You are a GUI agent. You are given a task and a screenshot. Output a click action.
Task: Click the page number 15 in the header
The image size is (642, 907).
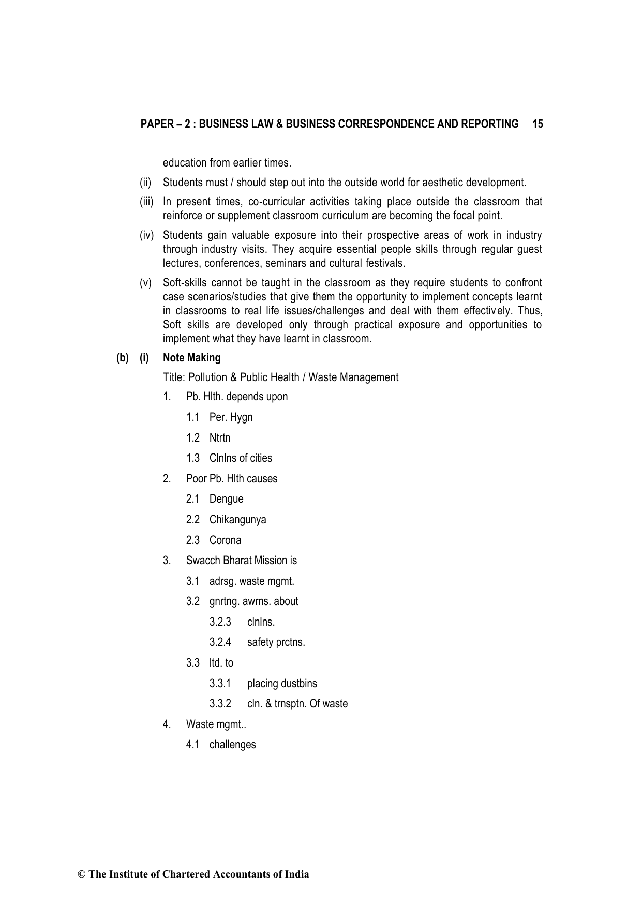(537, 124)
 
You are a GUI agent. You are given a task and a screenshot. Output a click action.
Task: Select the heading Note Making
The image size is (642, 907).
(191, 358)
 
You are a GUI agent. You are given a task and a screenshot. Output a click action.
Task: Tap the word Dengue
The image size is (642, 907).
(226, 499)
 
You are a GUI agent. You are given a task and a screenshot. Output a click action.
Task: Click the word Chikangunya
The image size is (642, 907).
(237, 520)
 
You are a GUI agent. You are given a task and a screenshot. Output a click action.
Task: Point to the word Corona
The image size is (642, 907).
(225, 540)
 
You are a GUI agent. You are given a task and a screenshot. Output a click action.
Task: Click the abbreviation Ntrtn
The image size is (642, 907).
(220, 438)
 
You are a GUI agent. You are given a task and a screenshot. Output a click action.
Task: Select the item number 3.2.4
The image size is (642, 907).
(220, 642)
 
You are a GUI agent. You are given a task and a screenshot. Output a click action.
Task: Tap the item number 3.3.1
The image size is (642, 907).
(220, 684)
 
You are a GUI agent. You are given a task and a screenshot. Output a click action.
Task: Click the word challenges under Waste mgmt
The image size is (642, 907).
(232, 745)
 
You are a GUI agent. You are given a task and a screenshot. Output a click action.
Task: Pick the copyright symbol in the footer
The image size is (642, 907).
(81, 874)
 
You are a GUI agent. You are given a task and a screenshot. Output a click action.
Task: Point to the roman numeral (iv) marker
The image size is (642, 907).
(147, 236)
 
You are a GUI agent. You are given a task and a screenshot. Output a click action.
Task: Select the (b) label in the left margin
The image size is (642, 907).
(123, 358)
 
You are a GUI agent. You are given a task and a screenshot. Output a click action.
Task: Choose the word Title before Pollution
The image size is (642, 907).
(174, 377)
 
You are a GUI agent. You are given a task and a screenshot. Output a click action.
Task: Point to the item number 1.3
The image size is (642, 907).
(193, 458)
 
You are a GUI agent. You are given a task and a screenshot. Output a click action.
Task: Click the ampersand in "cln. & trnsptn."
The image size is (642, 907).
(268, 704)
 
